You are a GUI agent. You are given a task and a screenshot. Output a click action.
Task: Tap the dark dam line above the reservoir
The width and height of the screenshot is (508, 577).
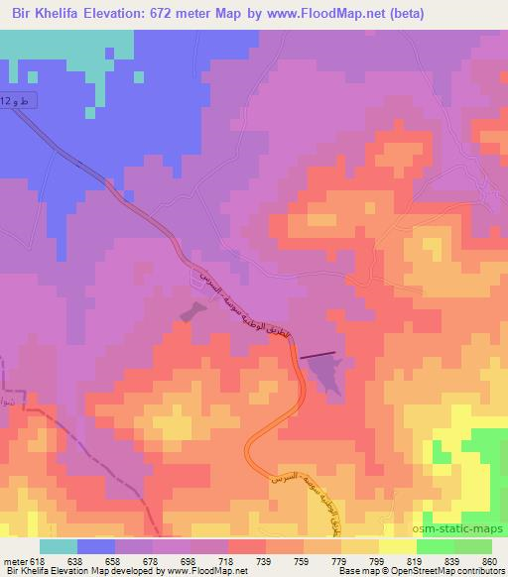click(x=318, y=354)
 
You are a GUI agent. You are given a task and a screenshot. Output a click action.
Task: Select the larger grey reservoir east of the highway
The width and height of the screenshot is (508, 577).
click(x=324, y=374)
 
